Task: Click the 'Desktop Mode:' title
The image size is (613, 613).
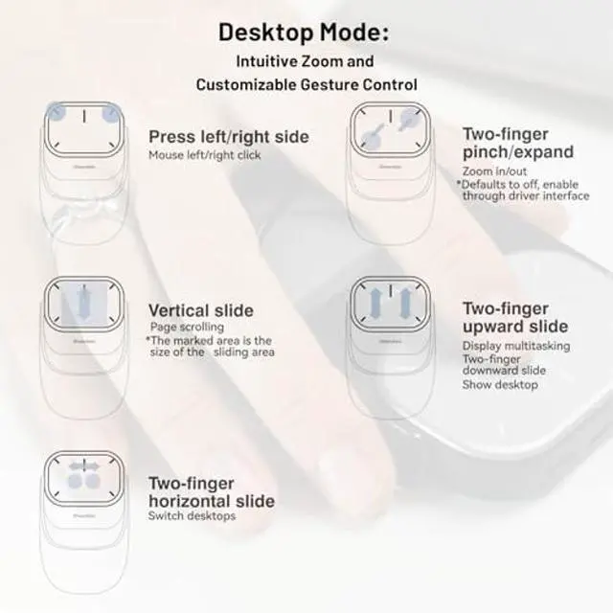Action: (304, 32)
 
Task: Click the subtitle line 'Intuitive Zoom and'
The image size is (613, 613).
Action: (306, 61)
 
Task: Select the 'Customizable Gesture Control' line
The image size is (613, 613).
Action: (306, 84)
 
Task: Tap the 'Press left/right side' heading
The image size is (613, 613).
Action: (229, 137)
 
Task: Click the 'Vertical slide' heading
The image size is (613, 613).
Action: (201, 310)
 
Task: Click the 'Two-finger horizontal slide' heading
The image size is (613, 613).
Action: (211, 492)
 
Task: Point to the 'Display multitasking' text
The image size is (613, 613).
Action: (516, 345)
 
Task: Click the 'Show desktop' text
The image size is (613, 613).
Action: (500, 385)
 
